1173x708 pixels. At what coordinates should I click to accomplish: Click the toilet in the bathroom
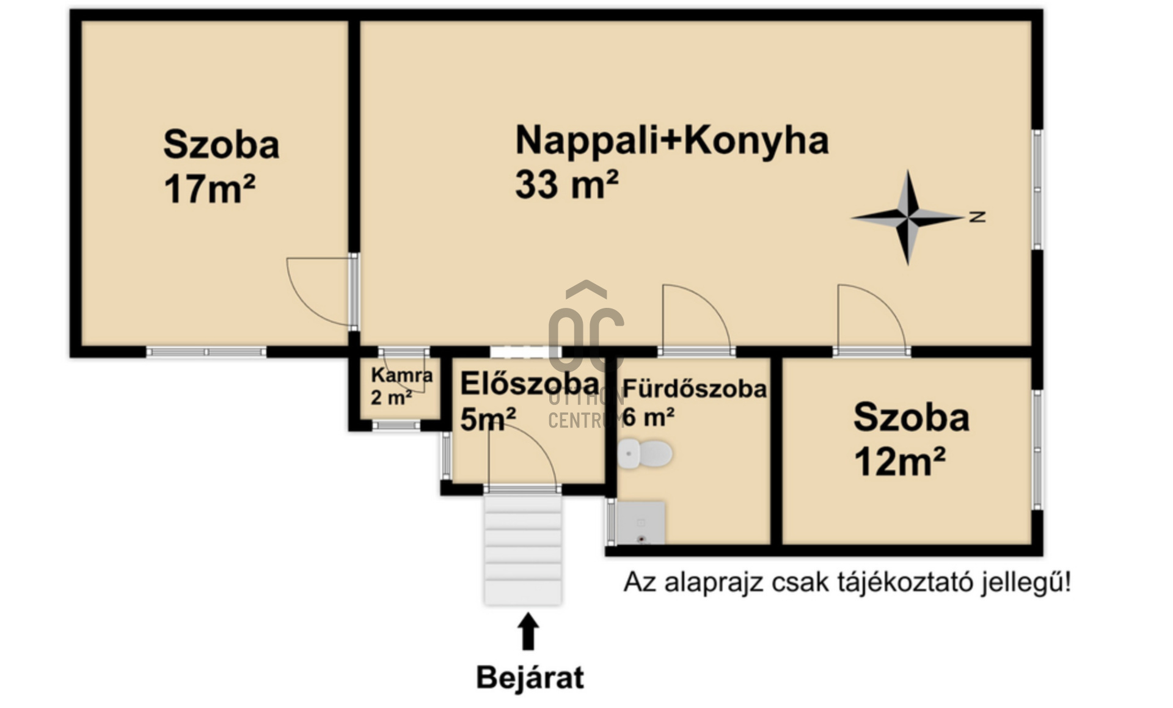(x=645, y=454)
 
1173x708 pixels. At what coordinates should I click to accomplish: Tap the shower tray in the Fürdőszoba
(x=640, y=523)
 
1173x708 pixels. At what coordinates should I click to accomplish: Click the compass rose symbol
(x=908, y=217)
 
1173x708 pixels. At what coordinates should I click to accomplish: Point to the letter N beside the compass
(x=977, y=216)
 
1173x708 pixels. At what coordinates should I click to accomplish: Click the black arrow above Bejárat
(x=528, y=632)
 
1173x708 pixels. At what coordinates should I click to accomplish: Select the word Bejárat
(x=530, y=677)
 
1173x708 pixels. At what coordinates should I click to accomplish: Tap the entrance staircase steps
(x=523, y=549)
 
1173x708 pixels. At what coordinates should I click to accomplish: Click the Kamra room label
(x=401, y=374)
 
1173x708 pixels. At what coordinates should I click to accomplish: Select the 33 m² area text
(x=566, y=184)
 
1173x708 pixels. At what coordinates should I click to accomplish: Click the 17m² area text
(x=209, y=189)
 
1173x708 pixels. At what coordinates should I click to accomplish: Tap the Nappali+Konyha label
(x=672, y=141)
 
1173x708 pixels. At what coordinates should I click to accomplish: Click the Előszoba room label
(x=529, y=384)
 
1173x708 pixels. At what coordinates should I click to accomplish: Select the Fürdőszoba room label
(x=695, y=389)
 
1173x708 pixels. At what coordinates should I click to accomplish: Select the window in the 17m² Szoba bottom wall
(x=206, y=352)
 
